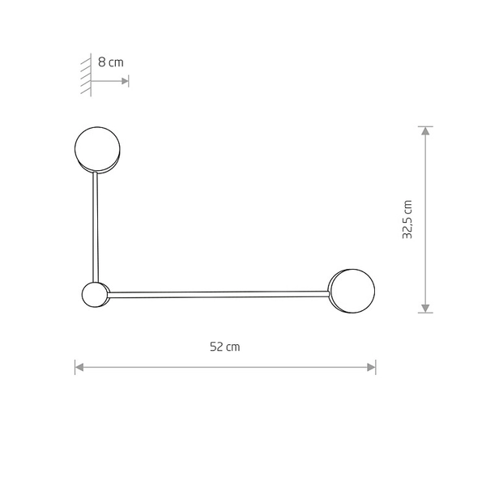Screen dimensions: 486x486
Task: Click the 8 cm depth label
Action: click(111, 62)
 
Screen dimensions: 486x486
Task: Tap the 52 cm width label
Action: click(225, 347)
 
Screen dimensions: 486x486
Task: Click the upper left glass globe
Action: click(97, 148)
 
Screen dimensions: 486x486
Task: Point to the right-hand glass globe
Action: click(352, 289)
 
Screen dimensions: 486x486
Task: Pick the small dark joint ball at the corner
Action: click(93, 294)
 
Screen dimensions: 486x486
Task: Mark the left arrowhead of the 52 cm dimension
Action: click(79, 367)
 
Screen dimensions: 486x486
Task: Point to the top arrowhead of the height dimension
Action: click(425, 131)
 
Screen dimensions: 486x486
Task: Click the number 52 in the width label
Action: click(216, 347)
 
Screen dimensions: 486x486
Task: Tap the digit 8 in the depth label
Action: click(101, 62)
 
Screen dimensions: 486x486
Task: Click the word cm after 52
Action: click(233, 347)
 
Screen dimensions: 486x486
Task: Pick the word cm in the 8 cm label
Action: click(116, 62)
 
